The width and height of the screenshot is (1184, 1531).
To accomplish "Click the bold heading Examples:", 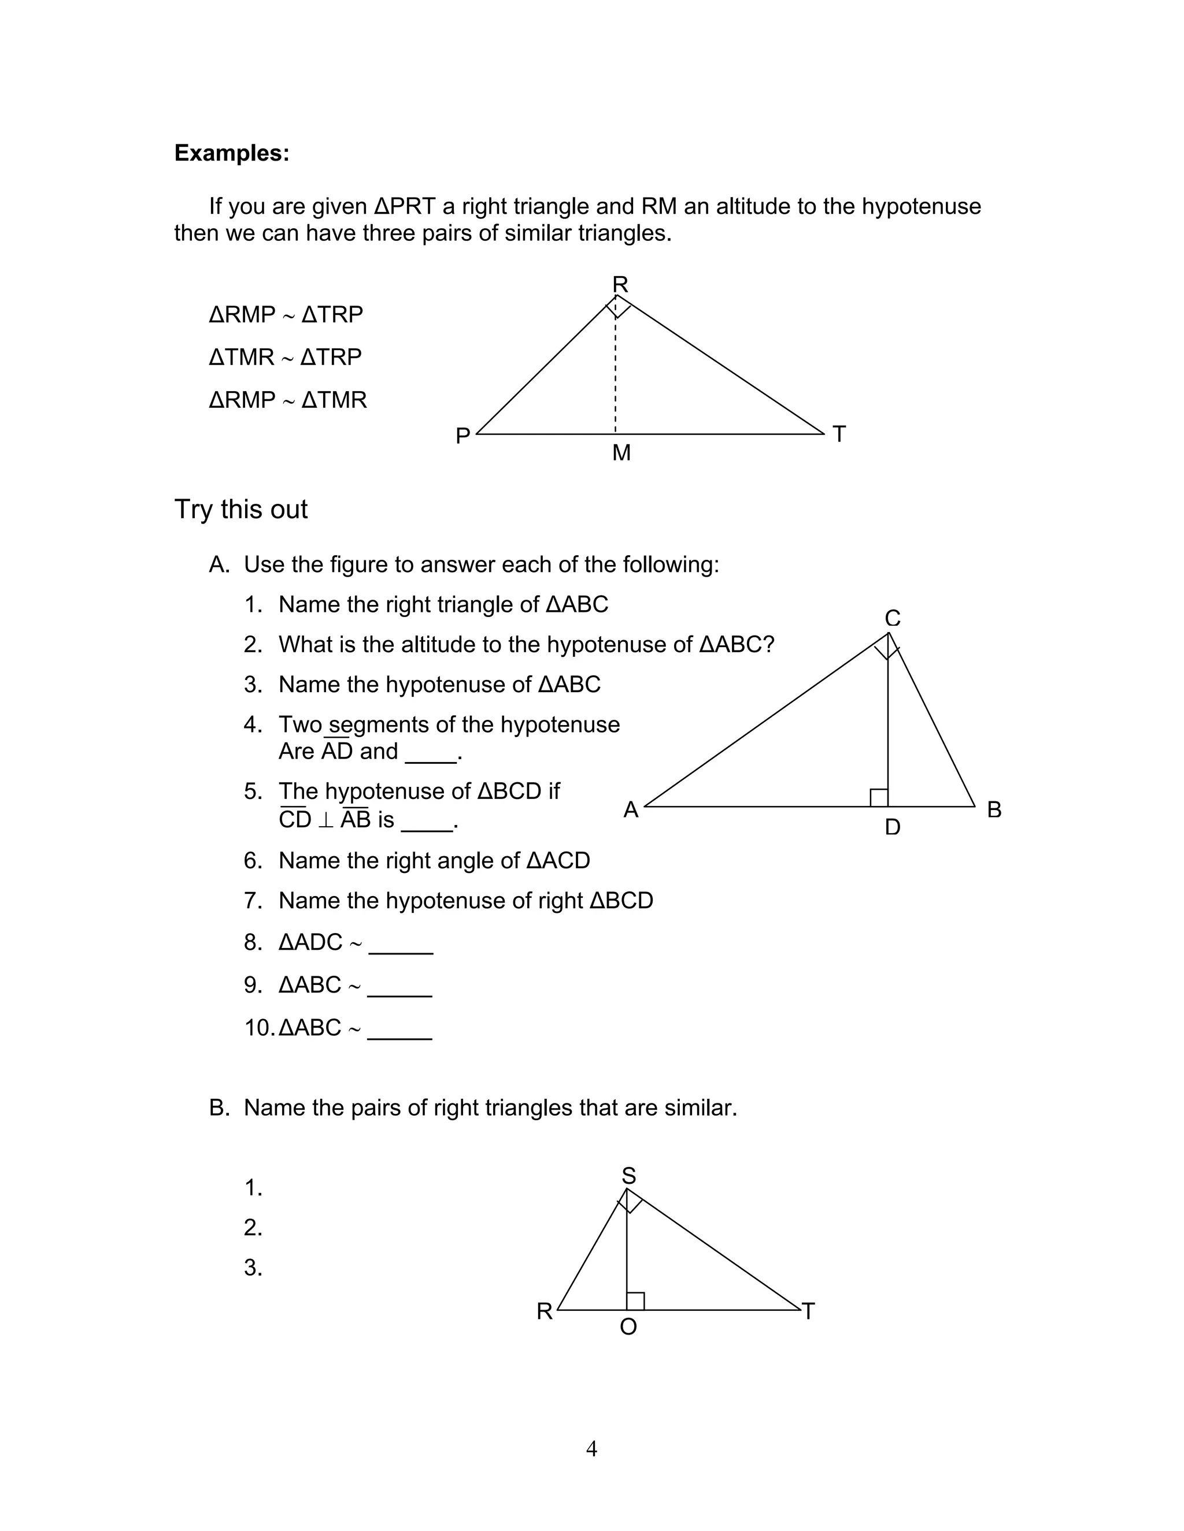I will pyautogui.click(x=231, y=153).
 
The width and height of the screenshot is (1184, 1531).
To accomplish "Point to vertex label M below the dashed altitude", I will pyautogui.click(x=621, y=454).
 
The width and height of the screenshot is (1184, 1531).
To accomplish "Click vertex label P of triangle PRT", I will pyautogui.click(x=463, y=436).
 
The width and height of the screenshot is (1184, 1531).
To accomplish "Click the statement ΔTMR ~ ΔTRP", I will pyautogui.click(x=285, y=357).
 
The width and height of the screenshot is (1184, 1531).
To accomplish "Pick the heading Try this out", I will pyautogui.click(x=240, y=509).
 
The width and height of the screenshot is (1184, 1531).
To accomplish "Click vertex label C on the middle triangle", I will pyautogui.click(x=892, y=618).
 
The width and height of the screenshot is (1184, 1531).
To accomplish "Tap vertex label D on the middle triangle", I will pyautogui.click(x=892, y=828).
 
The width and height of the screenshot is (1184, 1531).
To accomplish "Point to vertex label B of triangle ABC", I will pyautogui.click(x=994, y=809).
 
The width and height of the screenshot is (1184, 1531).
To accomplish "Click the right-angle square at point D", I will pyautogui.click(x=879, y=798).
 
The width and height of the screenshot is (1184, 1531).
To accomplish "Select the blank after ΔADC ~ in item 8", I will pyautogui.click(x=401, y=944).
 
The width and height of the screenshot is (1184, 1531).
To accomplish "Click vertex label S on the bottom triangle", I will pyautogui.click(x=628, y=1176).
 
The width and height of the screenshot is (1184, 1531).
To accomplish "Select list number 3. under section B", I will pyautogui.click(x=253, y=1268).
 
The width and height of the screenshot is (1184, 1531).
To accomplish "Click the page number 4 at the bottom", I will pyautogui.click(x=591, y=1448).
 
